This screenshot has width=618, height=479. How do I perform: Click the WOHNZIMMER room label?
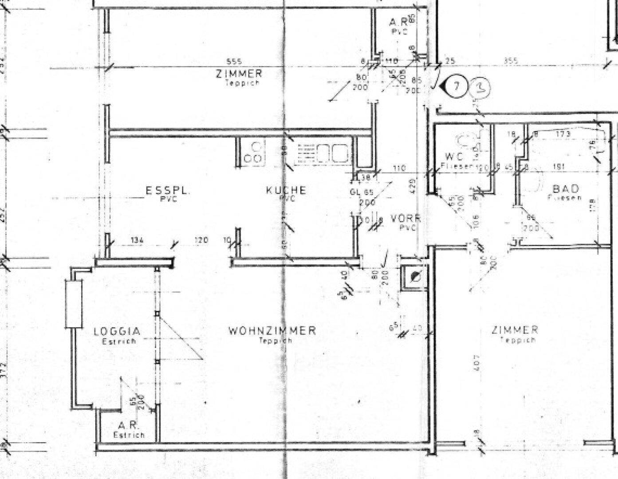pyautogui.click(x=272, y=330)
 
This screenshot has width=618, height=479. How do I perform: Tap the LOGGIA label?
pyautogui.click(x=117, y=331)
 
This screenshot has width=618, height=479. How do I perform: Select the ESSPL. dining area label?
pyautogui.click(x=168, y=191)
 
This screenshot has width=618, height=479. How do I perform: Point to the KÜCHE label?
pyautogui.click(x=286, y=190)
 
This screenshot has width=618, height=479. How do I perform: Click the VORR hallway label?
pyautogui.click(x=405, y=219)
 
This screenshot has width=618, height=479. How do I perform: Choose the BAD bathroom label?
pyautogui.click(x=566, y=189)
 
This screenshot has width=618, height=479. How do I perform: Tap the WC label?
pyautogui.click(x=454, y=157)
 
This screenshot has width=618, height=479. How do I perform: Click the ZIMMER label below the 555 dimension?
pyautogui.click(x=239, y=74)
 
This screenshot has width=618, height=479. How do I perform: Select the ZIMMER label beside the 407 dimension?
pyautogui.click(x=515, y=330)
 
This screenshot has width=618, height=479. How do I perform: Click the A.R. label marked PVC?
pyautogui.click(x=398, y=22)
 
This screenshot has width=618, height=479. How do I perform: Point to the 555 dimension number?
pyautogui.click(x=234, y=62)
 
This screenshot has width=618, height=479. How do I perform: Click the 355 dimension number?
pyautogui.click(x=511, y=61)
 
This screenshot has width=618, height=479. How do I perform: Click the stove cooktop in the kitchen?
pyautogui.click(x=254, y=153)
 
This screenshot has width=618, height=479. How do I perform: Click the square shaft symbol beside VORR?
pyautogui.click(x=414, y=277)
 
